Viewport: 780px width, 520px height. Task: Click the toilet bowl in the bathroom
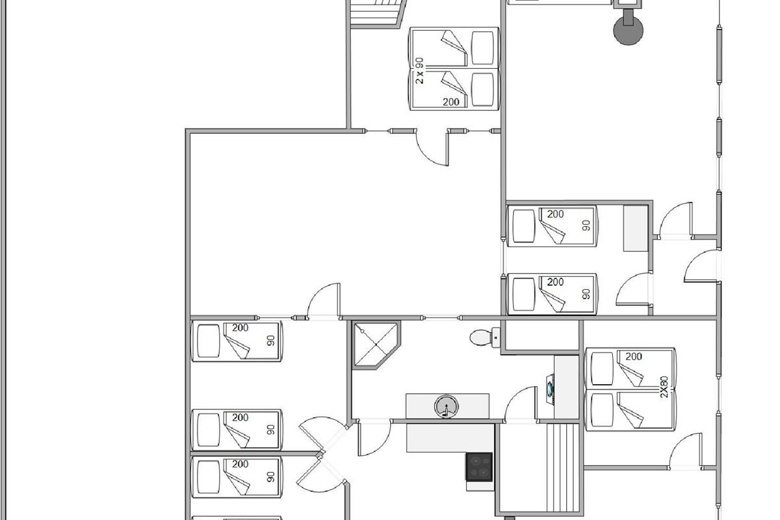click(x=484, y=337)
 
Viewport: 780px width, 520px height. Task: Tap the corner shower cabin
click(x=376, y=344)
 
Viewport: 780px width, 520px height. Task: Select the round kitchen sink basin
click(x=447, y=406)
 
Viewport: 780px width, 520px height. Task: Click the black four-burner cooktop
click(x=480, y=467)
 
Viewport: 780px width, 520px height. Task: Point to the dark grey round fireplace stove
click(x=628, y=30)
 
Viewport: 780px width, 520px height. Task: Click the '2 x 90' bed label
click(x=420, y=71)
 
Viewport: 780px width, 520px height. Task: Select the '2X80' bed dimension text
click(x=664, y=387)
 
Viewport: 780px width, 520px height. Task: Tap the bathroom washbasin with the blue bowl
click(x=550, y=389)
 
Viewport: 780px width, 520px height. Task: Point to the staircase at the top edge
click(x=378, y=13)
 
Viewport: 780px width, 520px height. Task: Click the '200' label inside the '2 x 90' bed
click(x=451, y=101)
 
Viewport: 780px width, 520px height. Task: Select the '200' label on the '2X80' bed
click(x=633, y=357)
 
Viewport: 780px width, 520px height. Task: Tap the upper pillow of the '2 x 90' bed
click(x=482, y=48)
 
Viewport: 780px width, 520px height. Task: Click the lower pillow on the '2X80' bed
click(x=602, y=410)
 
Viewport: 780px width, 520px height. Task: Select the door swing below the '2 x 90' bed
click(x=432, y=148)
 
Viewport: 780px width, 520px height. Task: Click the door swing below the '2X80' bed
click(x=686, y=450)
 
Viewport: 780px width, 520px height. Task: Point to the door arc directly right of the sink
click(x=521, y=404)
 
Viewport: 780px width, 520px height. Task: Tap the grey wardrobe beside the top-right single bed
click(x=636, y=228)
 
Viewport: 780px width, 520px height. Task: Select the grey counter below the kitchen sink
click(x=450, y=438)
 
